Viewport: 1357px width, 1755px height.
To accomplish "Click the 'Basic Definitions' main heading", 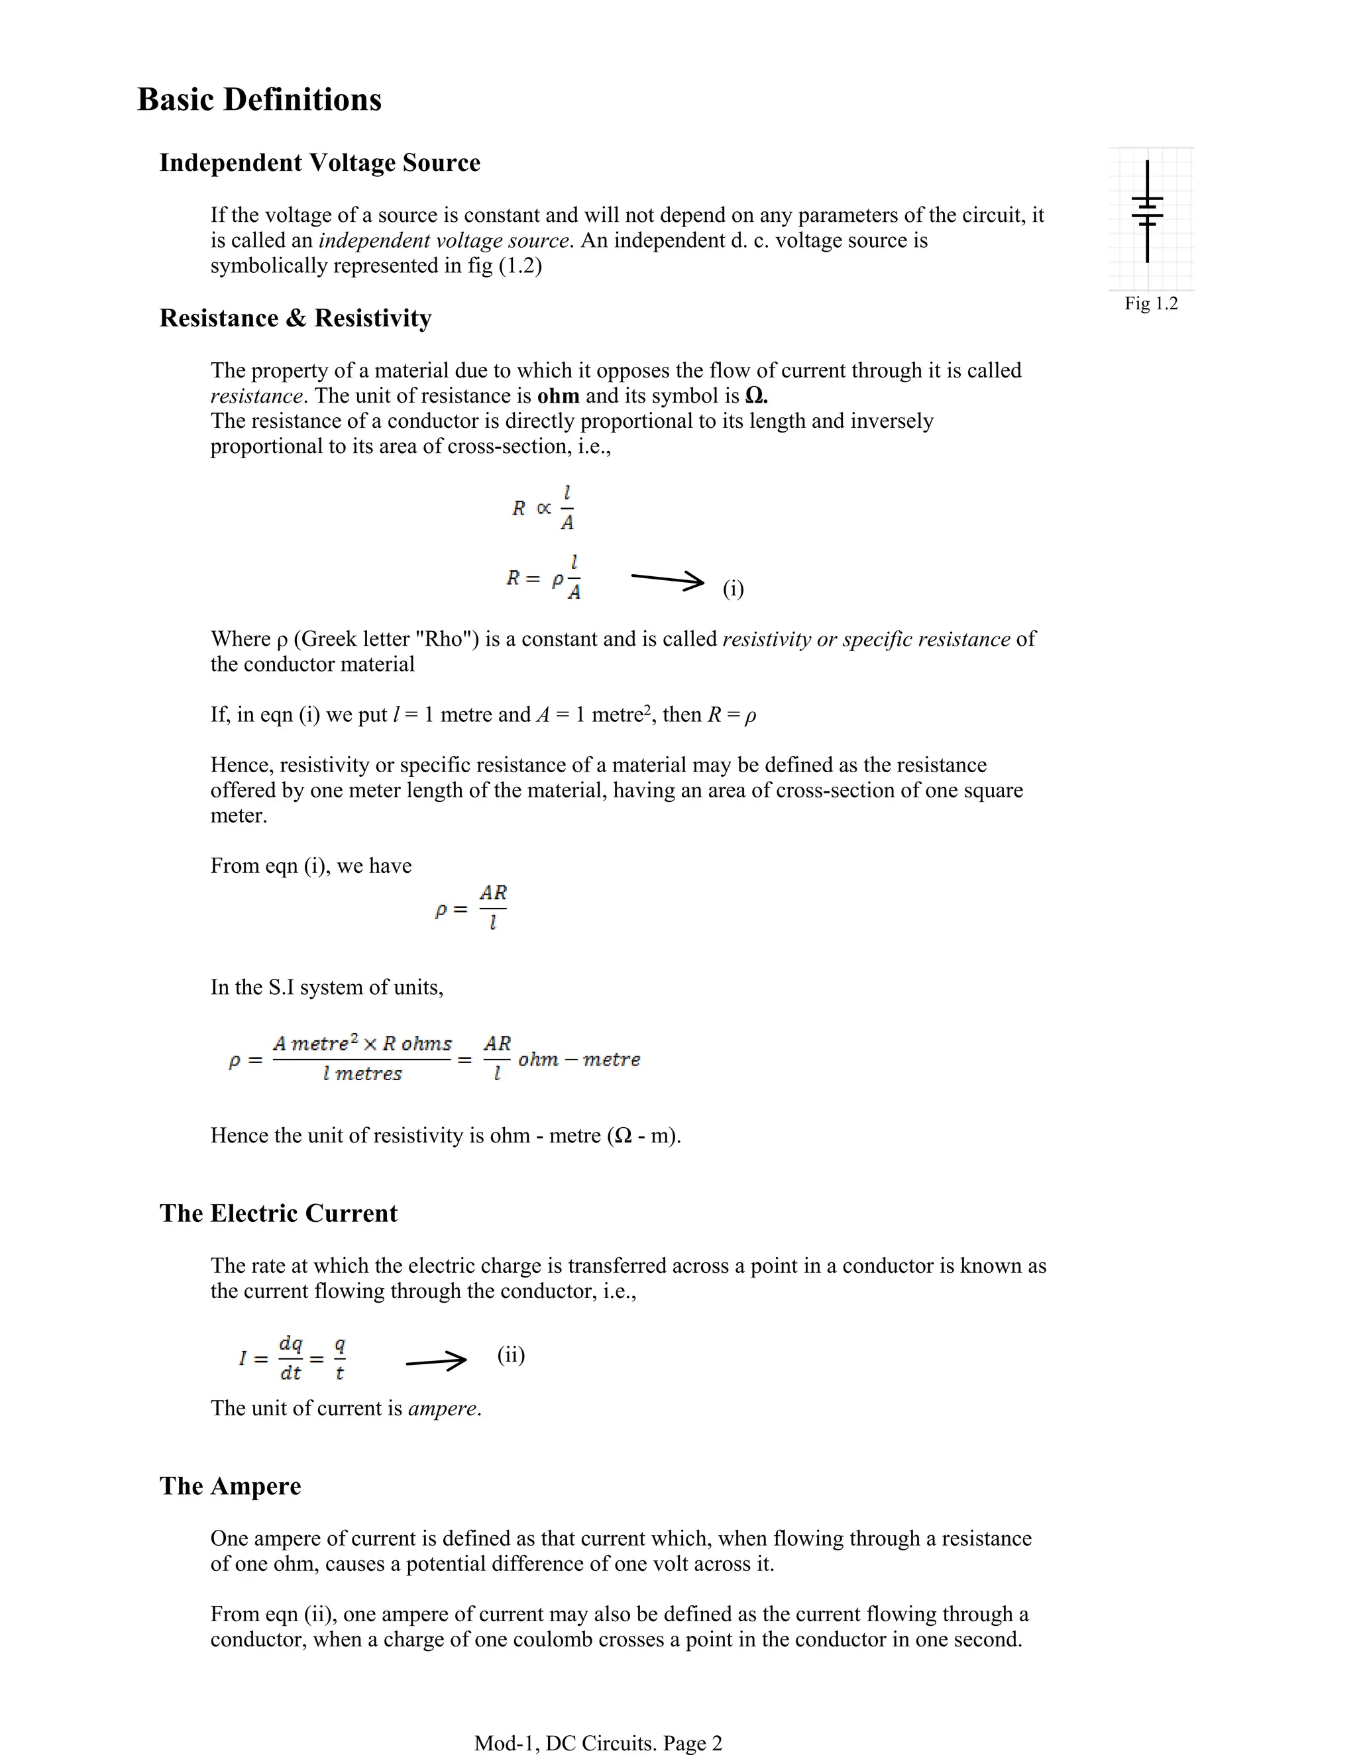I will tap(259, 99).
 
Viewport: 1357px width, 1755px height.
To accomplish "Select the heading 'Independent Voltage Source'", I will tap(319, 162).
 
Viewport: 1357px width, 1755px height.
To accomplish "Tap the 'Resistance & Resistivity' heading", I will tap(295, 318).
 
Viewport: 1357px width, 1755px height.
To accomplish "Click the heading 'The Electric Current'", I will tap(278, 1213).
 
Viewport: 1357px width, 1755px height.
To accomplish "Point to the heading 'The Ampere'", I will tap(230, 1486).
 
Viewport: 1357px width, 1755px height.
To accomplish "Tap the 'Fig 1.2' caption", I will tap(1150, 304).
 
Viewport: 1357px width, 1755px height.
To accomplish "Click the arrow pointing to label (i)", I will tap(667, 579).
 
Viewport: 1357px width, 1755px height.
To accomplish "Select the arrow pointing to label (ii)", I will tap(436, 1361).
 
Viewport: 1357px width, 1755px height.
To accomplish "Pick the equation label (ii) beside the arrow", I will tap(510, 1356).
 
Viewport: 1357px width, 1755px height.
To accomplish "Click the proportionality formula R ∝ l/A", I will tap(543, 508).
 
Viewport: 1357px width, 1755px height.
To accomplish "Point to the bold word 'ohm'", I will tap(558, 396).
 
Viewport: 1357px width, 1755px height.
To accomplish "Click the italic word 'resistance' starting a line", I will tap(256, 396).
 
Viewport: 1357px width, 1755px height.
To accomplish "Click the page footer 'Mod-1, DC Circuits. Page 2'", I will tap(598, 1743).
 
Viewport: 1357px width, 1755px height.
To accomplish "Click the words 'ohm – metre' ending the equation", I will tap(579, 1060).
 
